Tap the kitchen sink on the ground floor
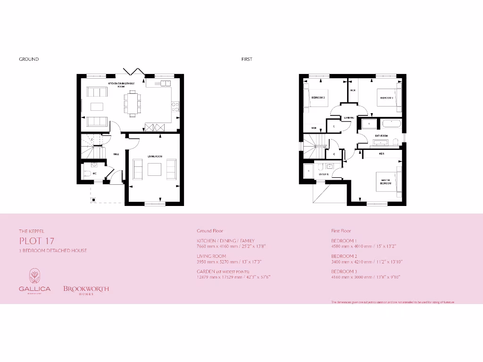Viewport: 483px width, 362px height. pyautogui.click(x=165, y=83)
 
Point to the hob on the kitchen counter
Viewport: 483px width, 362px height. pyautogui.click(x=175, y=107)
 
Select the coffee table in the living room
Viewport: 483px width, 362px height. pyautogui.click(x=155, y=169)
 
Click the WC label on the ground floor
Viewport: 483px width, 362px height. pyautogui.click(x=95, y=173)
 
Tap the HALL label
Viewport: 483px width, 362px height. pyautogui.click(x=116, y=154)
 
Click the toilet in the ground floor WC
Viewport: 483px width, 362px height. pyautogui.click(x=86, y=174)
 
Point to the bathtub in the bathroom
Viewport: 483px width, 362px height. pyautogui.click(x=391, y=124)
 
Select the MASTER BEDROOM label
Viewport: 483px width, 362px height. pyautogui.click(x=386, y=181)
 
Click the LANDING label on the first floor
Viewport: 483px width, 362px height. pyautogui.click(x=349, y=118)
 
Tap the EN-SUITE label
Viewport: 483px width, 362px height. pyautogui.click(x=324, y=174)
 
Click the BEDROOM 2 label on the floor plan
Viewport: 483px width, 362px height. pyautogui.click(x=318, y=98)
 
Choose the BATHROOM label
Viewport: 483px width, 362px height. pyautogui.click(x=381, y=136)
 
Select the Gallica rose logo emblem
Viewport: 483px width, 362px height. pyautogui.click(x=34, y=275)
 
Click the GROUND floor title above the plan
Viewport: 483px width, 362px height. pyautogui.click(x=29, y=59)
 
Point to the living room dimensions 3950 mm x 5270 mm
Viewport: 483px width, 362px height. pyautogui.click(x=229, y=262)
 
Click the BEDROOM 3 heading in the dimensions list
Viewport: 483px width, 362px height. pyautogui.click(x=344, y=271)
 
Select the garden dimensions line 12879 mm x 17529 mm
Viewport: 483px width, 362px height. pyautogui.click(x=233, y=277)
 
